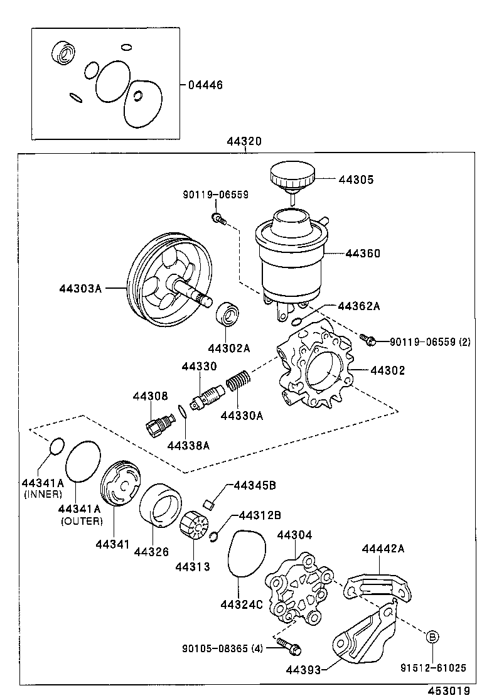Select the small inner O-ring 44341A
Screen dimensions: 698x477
(x=56, y=446)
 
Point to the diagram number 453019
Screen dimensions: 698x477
(x=449, y=690)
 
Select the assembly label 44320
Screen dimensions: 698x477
(x=244, y=142)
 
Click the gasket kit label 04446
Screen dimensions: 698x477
(x=205, y=85)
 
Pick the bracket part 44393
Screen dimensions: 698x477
(x=364, y=634)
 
